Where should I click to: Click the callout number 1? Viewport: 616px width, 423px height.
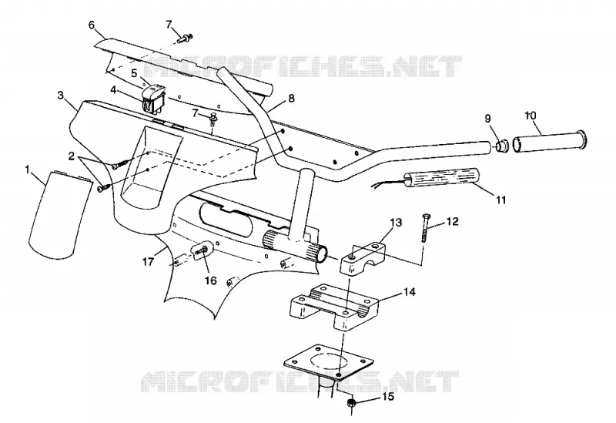tap(27, 170)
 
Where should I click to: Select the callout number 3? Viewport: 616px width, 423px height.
tap(61, 96)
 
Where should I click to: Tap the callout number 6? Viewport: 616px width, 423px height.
tap(92, 25)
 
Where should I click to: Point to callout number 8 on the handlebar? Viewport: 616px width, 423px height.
tap(291, 98)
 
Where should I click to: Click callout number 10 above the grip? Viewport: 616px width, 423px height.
tap(531, 116)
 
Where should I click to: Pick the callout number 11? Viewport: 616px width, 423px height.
tap(501, 200)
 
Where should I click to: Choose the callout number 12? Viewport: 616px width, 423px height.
tap(453, 222)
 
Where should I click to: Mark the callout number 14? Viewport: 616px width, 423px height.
tap(409, 292)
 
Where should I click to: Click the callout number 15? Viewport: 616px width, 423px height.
tap(387, 397)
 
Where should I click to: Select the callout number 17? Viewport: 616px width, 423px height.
tap(148, 261)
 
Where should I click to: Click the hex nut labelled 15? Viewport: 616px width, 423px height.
tap(352, 403)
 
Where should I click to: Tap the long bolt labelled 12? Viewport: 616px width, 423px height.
tap(425, 228)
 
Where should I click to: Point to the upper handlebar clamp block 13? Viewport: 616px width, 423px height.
tap(363, 258)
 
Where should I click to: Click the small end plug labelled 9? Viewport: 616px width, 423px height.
tap(502, 146)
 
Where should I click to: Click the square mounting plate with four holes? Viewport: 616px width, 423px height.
tap(328, 362)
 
